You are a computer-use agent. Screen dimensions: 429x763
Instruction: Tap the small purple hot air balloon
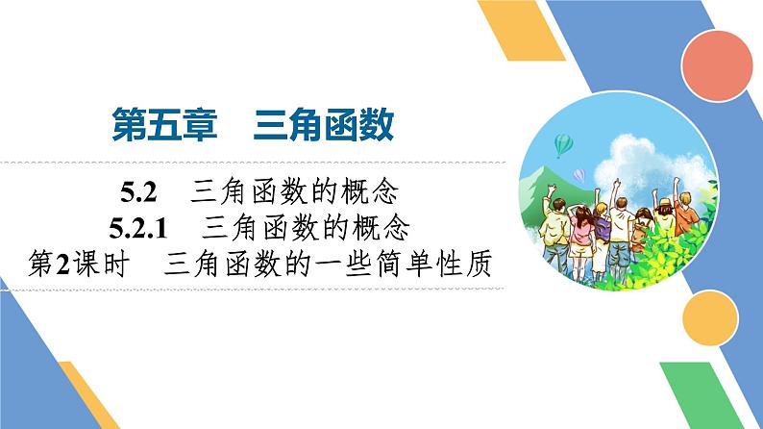click(579, 174)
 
